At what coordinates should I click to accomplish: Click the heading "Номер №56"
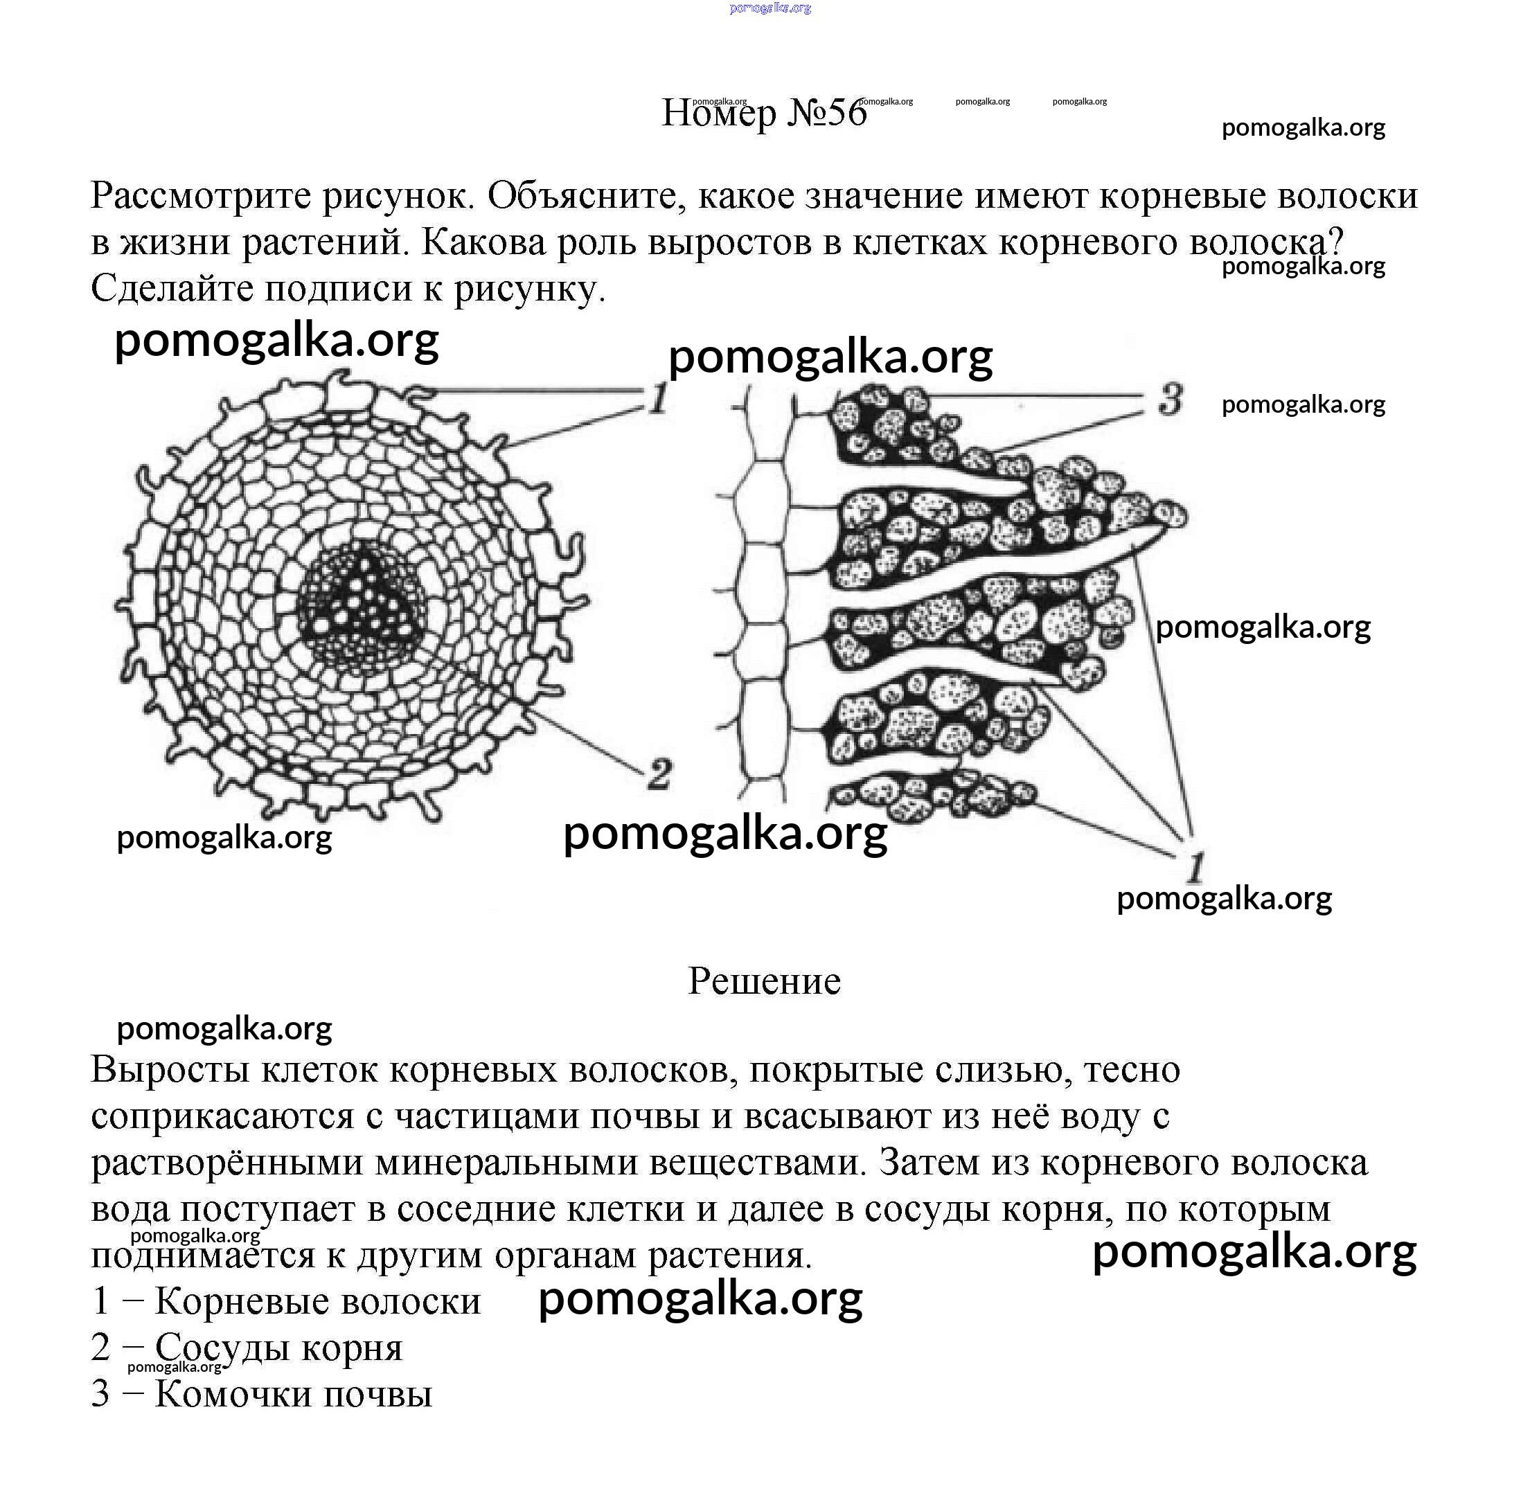(763, 114)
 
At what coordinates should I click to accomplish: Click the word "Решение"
(763, 981)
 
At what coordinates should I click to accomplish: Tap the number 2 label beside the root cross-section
(659, 774)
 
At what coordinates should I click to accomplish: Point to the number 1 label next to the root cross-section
(658, 398)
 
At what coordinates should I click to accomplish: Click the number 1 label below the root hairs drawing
(1195, 868)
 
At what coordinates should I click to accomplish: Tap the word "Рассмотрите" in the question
(200, 196)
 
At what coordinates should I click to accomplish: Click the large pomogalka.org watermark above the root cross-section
(276, 339)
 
